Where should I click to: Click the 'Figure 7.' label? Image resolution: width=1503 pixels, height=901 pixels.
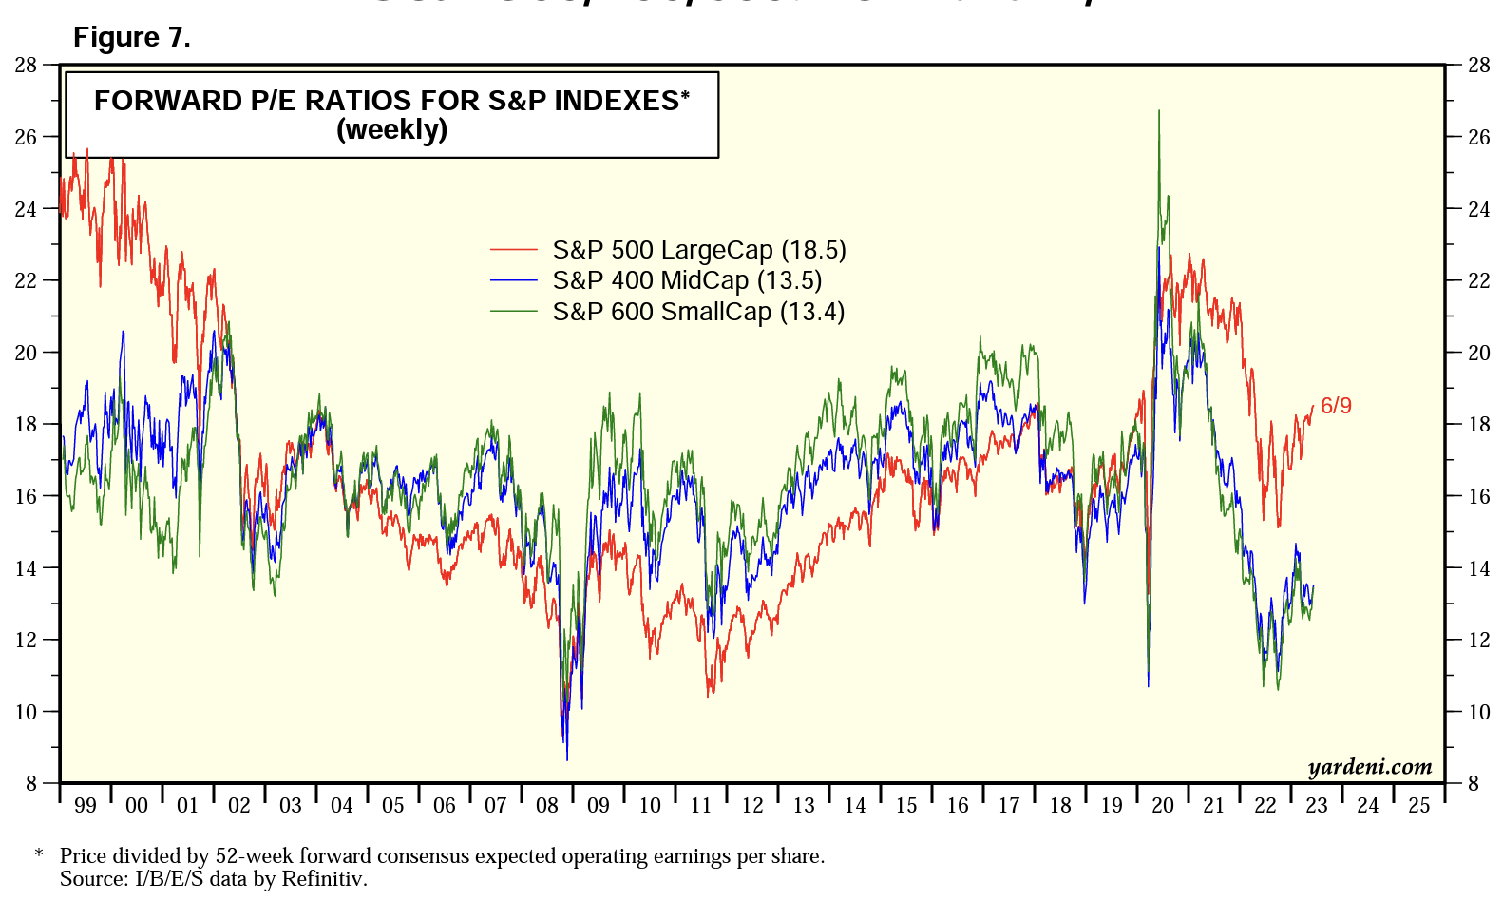coord(131,37)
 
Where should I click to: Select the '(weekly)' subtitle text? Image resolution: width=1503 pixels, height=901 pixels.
coord(391,129)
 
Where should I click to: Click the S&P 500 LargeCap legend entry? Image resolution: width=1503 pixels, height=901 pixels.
coord(698,250)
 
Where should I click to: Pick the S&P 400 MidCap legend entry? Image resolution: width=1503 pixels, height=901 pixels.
coord(687,280)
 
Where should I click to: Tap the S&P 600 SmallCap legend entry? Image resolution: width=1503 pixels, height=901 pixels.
coord(698,312)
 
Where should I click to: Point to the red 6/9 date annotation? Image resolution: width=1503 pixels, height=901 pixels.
coord(1336,406)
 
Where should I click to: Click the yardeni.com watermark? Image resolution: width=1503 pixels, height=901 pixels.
coord(1369,767)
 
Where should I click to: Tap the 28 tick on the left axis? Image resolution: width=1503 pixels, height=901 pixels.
coord(26,66)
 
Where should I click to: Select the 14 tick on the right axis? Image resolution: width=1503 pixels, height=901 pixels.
coord(1479,568)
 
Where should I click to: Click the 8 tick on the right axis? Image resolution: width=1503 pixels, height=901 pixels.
coord(1474,784)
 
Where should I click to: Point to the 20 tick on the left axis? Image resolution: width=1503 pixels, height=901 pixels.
coord(26,353)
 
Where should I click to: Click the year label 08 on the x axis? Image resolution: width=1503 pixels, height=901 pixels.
coord(547,806)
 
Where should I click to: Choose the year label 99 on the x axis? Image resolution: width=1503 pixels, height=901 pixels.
coord(86,806)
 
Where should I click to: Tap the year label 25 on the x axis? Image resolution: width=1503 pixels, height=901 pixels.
coord(1418,806)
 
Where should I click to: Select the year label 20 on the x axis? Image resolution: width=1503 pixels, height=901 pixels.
coord(1163,806)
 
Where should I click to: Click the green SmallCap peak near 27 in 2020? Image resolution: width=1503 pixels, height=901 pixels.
coord(1159,112)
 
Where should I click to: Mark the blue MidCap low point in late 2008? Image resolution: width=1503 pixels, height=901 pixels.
coord(567,757)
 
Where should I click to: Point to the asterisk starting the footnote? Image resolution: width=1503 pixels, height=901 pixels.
coord(39,854)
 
